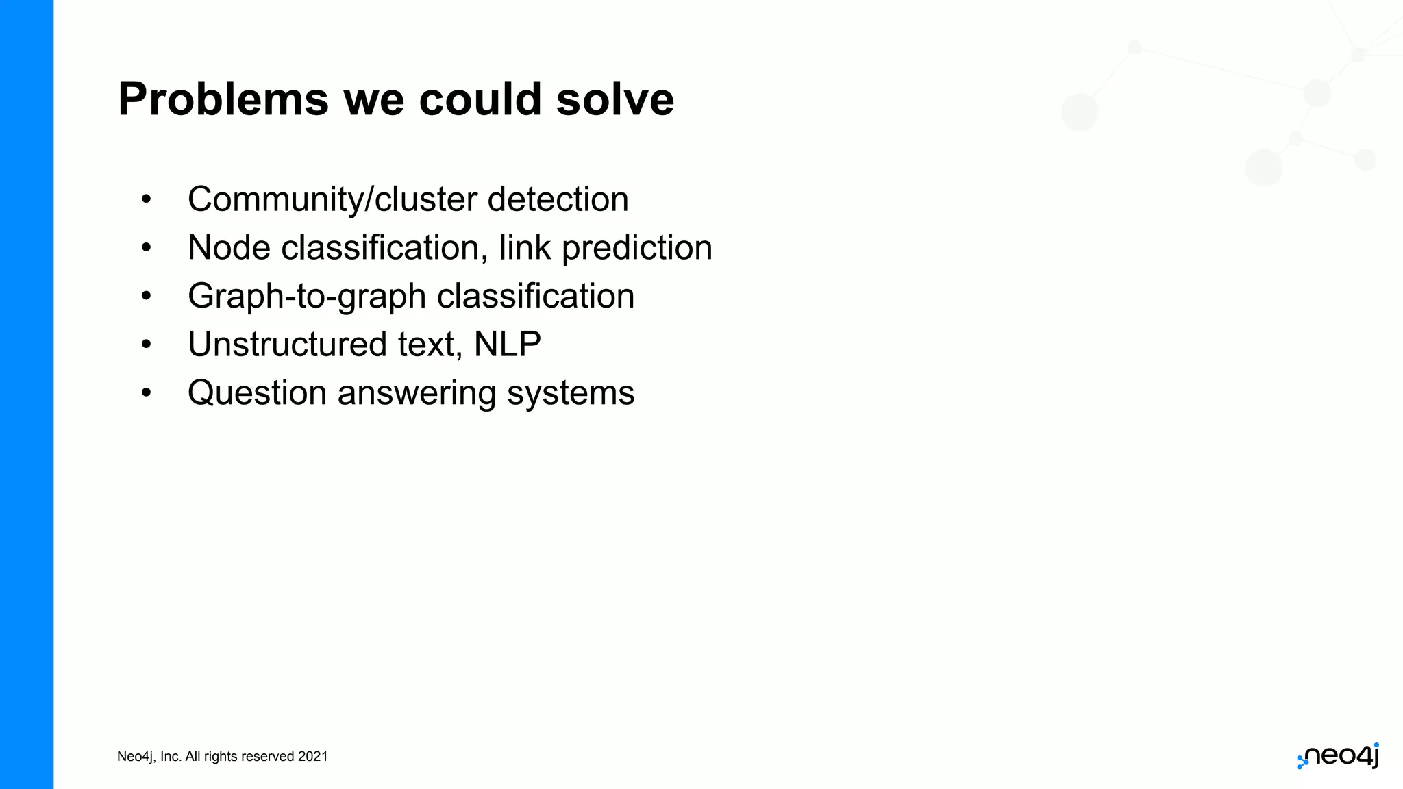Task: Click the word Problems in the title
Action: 223,100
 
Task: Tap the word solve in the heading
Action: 614,100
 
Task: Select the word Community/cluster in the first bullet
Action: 332,200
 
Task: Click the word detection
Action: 558,200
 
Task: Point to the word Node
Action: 229,248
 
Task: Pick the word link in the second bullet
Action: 524,248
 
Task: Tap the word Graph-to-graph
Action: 307,297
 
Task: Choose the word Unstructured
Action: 287,345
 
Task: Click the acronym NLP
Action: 507,345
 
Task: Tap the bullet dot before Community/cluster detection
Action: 146,200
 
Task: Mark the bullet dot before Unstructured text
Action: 146,345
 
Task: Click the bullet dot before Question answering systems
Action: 146,393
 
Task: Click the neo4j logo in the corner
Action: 1338,756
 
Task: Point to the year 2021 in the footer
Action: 312,757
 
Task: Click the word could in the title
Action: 480,100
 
